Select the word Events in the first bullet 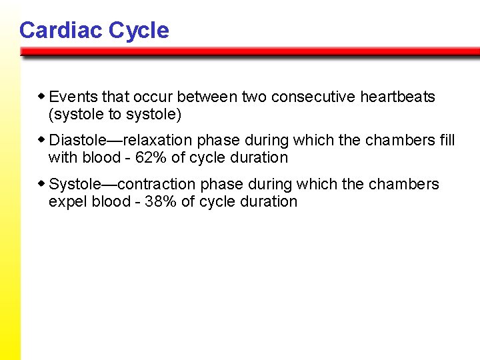tap(73, 97)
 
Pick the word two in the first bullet tap(254, 97)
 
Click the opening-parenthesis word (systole tap(76, 115)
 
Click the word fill tap(447, 141)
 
